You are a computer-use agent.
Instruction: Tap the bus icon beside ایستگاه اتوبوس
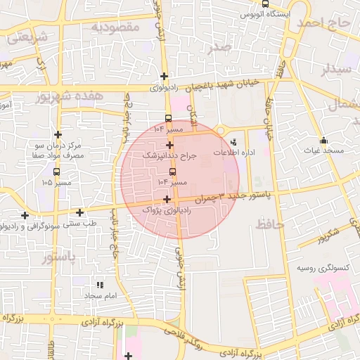pyautogui.click(x=264, y=4)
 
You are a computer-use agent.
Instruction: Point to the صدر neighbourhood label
pyautogui.click(x=219, y=48)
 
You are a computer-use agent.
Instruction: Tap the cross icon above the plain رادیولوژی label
pyautogui.click(x=164, y=77)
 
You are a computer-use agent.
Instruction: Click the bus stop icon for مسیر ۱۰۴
pyautogui.click(x=168, y=118)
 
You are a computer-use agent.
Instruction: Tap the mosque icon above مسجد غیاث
pyautogui.click(x=323, y=140)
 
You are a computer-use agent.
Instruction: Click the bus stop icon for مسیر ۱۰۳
pyautogui.click(x=173, y=171)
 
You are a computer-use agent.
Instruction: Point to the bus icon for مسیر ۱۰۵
pyautogui.click(x=56, y=171)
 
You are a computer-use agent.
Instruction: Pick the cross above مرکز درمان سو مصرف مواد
pyautogui.click(x=58, y=134)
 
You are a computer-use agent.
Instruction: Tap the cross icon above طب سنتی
pyautogui.click(x=79, y=212)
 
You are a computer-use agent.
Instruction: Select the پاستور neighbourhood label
pyautogui.click(x=58, y=257)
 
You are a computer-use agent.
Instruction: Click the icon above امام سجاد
pyautogui.click(x=99, y=285)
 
